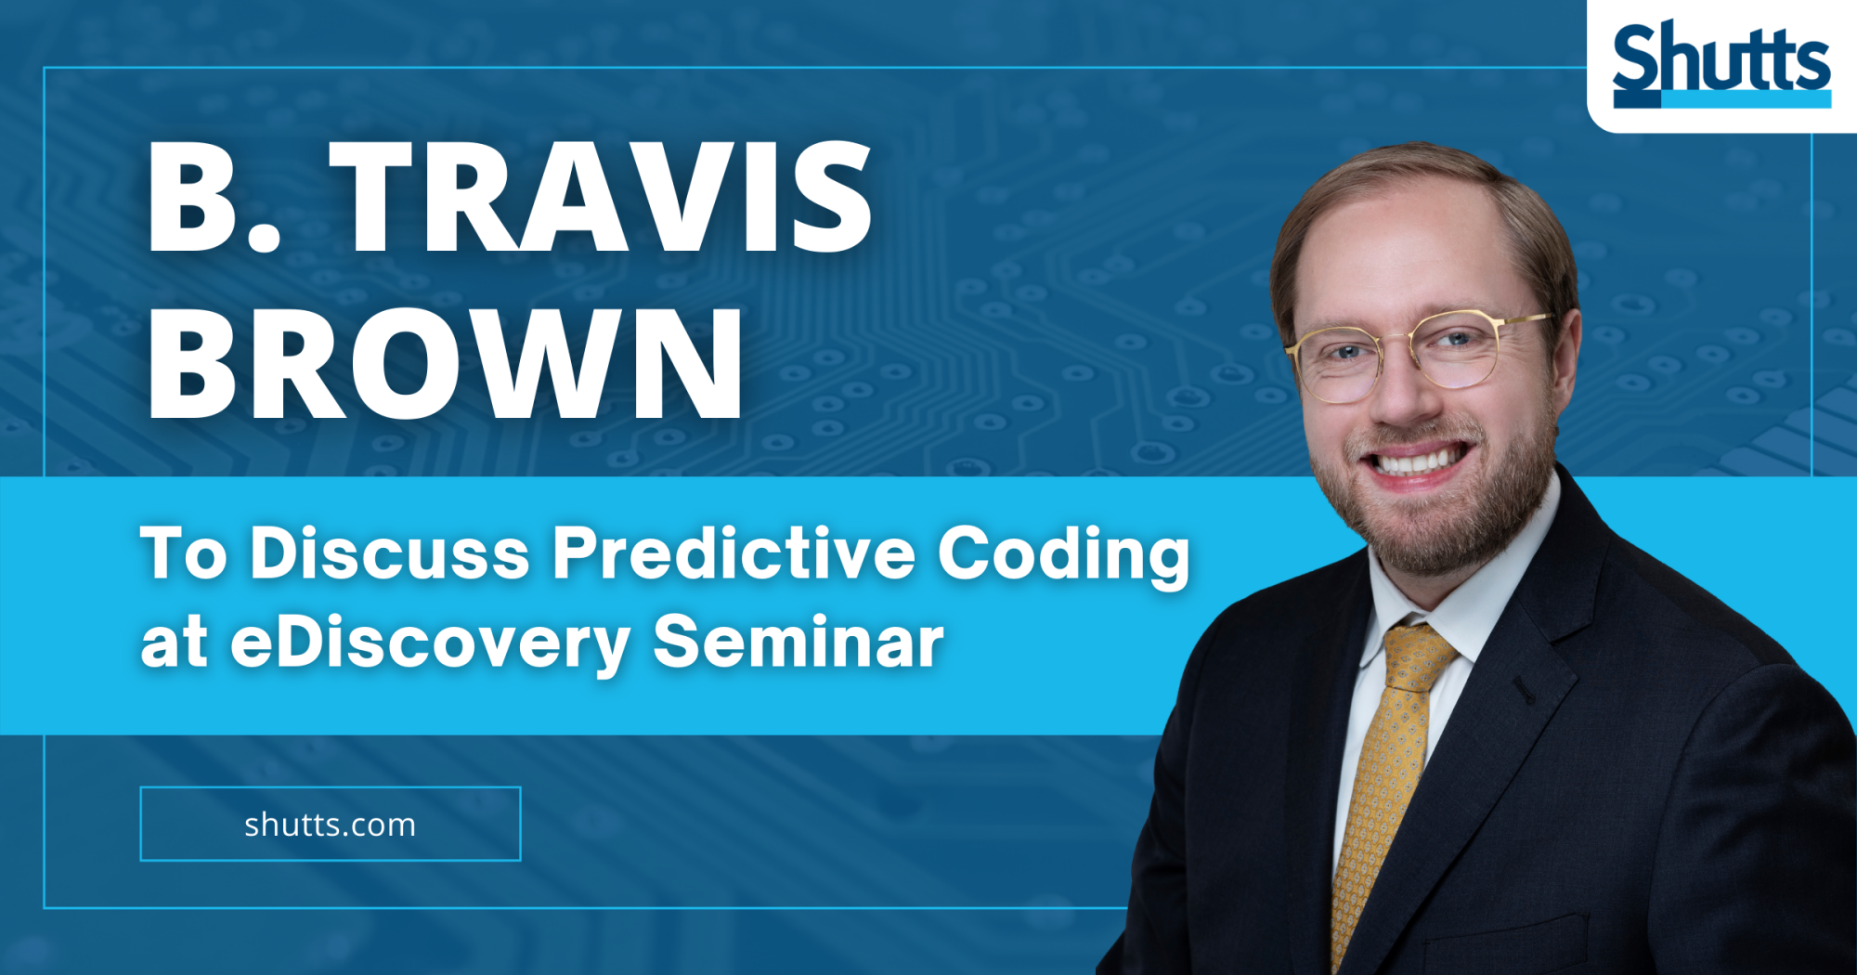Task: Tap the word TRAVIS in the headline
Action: [x=602, y=197]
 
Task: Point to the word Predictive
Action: [x=734, y=553]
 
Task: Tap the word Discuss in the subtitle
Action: [x=390, y=553]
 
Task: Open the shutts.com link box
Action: [x=331, y=824]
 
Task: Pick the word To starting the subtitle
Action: [x=184, y=553]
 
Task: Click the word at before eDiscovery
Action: [x=174, y=643]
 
